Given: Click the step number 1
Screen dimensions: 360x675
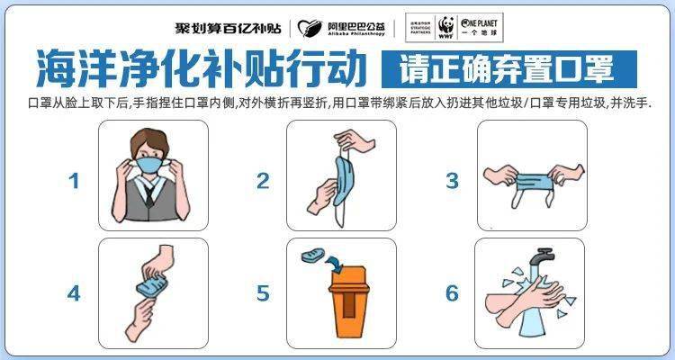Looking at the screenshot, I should tap(75, 181).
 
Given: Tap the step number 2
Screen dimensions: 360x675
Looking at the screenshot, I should tap(263, 181).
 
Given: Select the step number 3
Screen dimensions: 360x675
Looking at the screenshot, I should tap(452, 181).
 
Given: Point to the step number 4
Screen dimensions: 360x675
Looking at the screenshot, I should tap(75, 292).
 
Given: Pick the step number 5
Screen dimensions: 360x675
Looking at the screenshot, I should tap(263, 292).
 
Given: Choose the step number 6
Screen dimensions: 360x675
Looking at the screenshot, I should tap(452, 292).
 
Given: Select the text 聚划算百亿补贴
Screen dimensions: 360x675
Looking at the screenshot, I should tap(228, 28).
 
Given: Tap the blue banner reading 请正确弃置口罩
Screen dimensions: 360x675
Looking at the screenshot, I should tap(508, 67).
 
